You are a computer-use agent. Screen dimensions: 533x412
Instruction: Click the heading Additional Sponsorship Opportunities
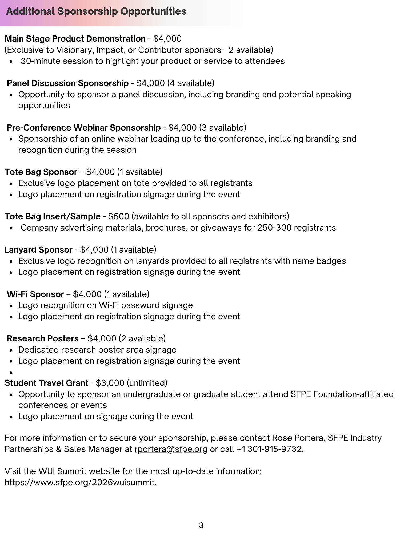tap(96, 11)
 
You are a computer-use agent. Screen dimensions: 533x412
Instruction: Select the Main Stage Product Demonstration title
tap(75, 39)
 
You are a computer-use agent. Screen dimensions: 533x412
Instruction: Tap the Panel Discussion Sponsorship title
tap(68, 83)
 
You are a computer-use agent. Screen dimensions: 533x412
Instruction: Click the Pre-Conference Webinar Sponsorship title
tap(83, 128)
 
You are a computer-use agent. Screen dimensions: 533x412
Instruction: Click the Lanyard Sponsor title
tap(39, 250)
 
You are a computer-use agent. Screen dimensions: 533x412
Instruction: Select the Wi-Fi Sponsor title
tap(35, 294)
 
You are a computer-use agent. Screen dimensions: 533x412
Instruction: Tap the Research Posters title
tap(43, 338)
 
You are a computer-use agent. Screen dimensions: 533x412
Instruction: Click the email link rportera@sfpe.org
tap(171, 449)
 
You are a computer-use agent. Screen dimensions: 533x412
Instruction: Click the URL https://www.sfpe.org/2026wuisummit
tap(80, 482)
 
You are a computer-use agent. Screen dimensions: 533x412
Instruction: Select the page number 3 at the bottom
tap(201, 525)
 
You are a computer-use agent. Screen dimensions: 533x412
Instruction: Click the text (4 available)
tap(191, 83)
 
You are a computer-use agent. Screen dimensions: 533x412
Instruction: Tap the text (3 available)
tap(223, 128)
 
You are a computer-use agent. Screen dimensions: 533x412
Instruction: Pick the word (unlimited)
tap(147, 383)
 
